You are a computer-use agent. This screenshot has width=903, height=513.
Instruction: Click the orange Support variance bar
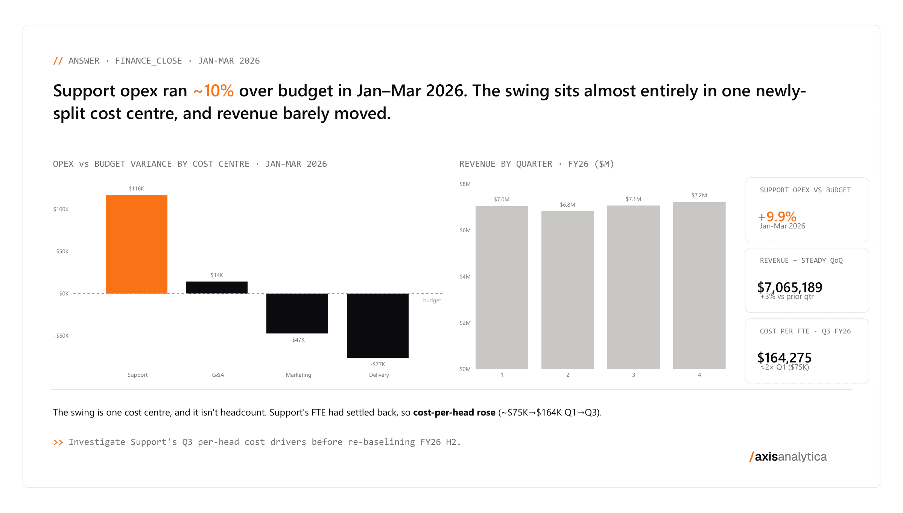pyautogui.click(x=137, y=244)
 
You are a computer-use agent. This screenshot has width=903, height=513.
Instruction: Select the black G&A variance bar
pyautogui.click(x=217, y=288)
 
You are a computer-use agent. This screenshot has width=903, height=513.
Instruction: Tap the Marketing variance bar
pyautogui.click(x=297, y=313)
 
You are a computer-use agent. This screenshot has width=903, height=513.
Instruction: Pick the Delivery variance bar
pyautogui.click(x=378, y=326)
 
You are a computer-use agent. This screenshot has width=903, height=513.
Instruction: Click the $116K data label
pyautogui.click(x=137, y=189)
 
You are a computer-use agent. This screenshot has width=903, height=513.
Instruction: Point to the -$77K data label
pyautogui.click(x=378, y=364)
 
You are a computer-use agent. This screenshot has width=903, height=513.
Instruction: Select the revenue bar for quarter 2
pyautogui.click(x=568, y=290)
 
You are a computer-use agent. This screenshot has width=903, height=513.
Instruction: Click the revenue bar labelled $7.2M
pyautogui.click(x=699, y=286)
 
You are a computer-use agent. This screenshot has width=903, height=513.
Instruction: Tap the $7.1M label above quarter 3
pyautogui.click(x=634, y=199)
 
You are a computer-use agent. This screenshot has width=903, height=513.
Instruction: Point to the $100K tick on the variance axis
pyautogui.click(x=61, y=209)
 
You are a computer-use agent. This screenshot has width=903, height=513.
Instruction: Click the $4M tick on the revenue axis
pyautogui.click(x=465, y=277)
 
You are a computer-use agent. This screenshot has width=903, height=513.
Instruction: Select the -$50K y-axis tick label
pyautogui.click(x=61, y=336)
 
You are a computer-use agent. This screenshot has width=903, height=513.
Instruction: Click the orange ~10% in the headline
pyautogui.click(x=213, y=91)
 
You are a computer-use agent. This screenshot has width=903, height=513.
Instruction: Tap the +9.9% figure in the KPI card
pyautogui.click(x=777, y=216)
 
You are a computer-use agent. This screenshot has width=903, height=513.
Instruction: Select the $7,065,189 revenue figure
pyautogui.click(x=790, y=287)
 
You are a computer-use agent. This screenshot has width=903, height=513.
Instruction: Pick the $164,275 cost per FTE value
pyautogui.click(x=784, y=358)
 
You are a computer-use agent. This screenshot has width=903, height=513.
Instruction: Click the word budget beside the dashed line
pyautogui.click(x=432, y=300)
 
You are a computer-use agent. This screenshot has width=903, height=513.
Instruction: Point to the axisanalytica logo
pyautogui.click(x=788, y=457)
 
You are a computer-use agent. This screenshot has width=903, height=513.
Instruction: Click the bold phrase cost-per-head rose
pyautogui.click(x=454, y=413)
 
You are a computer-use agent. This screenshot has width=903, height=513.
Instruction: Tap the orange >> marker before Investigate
pyautogui.click(x=58, y=442)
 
